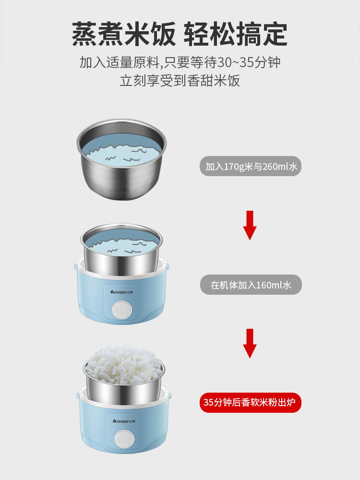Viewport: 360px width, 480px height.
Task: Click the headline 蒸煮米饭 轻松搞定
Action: click(180, 34)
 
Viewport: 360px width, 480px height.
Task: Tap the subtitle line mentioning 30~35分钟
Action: click(180, 62)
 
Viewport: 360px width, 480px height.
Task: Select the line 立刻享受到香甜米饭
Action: click(180, 81)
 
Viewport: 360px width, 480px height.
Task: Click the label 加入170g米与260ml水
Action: click(251, 166)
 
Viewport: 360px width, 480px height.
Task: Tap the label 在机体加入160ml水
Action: click(251, 285)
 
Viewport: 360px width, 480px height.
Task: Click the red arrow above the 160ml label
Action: click(250, 225)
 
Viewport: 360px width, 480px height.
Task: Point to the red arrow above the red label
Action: click(250, 343)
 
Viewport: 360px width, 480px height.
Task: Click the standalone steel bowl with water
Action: click(121, 159)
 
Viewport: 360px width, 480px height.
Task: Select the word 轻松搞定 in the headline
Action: click(236, 34)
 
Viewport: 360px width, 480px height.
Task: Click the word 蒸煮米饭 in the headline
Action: click(124, 34)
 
